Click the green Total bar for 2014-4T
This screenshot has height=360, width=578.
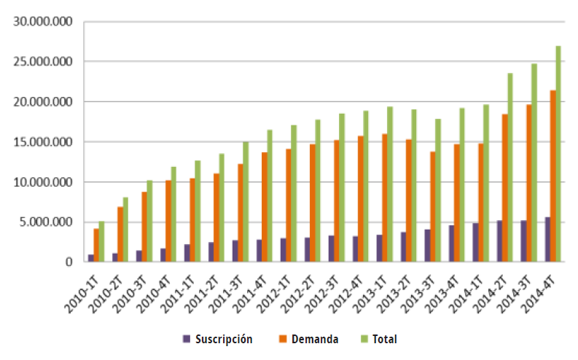(558, 154)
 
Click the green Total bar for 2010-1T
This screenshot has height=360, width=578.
(101, 241)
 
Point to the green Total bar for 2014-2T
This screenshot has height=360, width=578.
(510, 167)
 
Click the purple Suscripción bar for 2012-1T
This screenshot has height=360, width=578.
(282, 250)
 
